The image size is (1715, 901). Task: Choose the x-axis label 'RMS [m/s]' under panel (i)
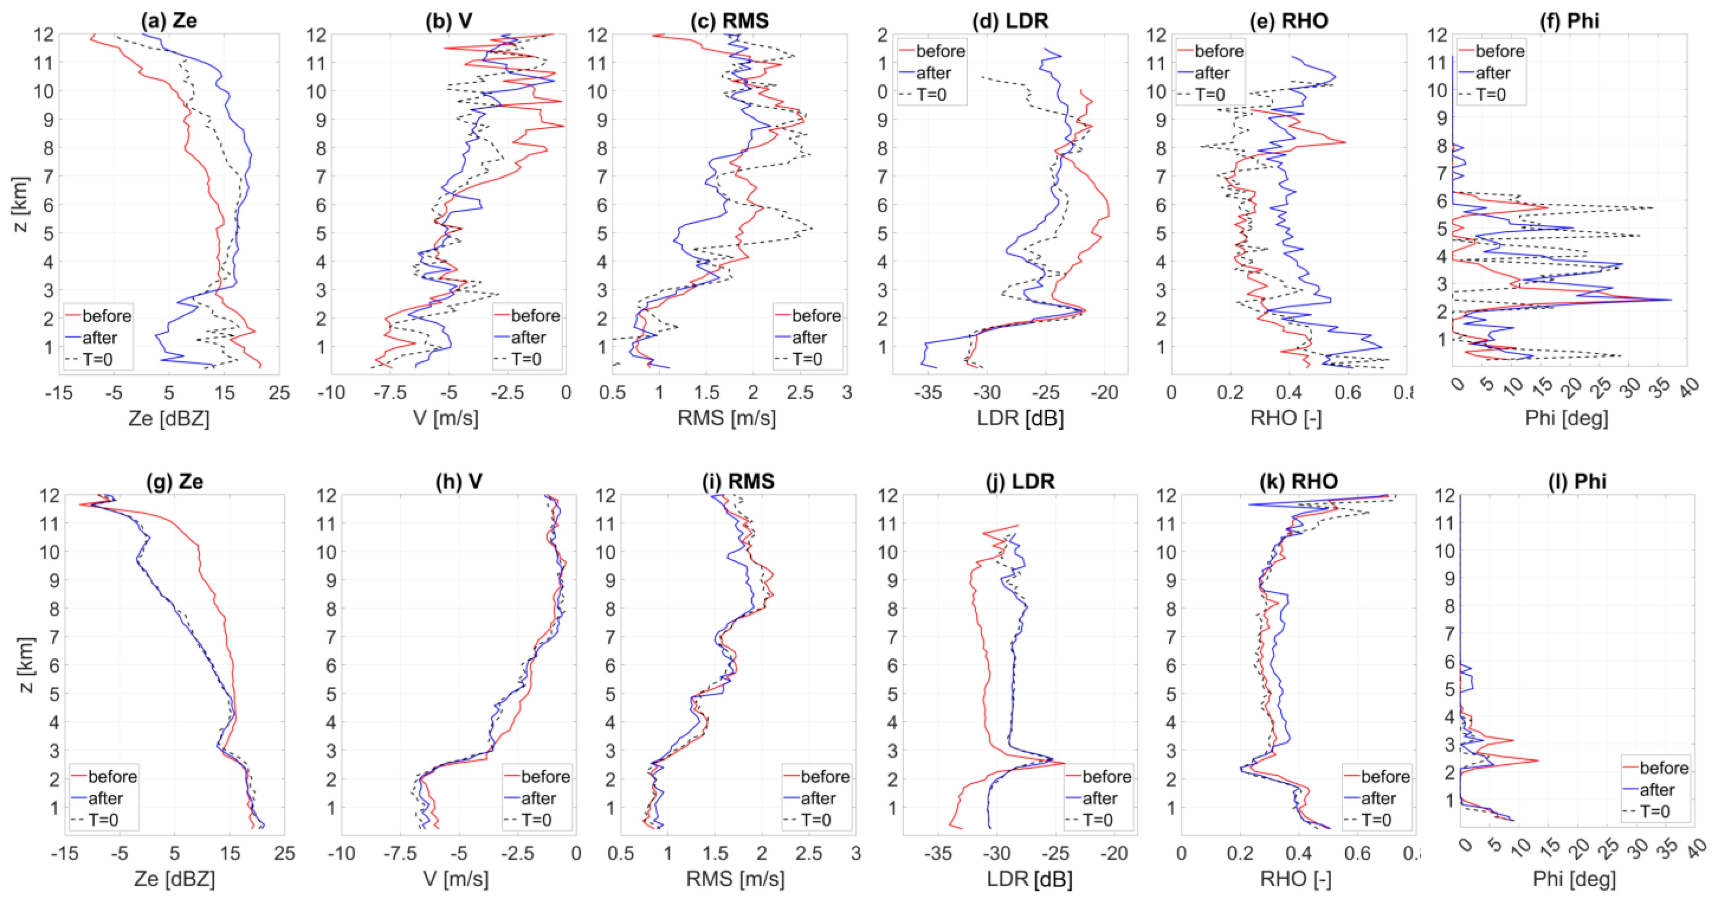click(x=735, y=879)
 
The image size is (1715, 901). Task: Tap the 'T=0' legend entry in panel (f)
click(x=1490, y=95)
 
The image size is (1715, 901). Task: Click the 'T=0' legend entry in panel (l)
click(x=1654, y=811)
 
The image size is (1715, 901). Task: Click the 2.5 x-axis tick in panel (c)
click(x=800, y=393)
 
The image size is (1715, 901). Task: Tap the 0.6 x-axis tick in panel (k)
click(x=1357, y=853)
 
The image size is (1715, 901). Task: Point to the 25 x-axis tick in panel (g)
click(x=284, y=853)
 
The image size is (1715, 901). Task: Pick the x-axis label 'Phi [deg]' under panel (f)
click(x=1566, y=418)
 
